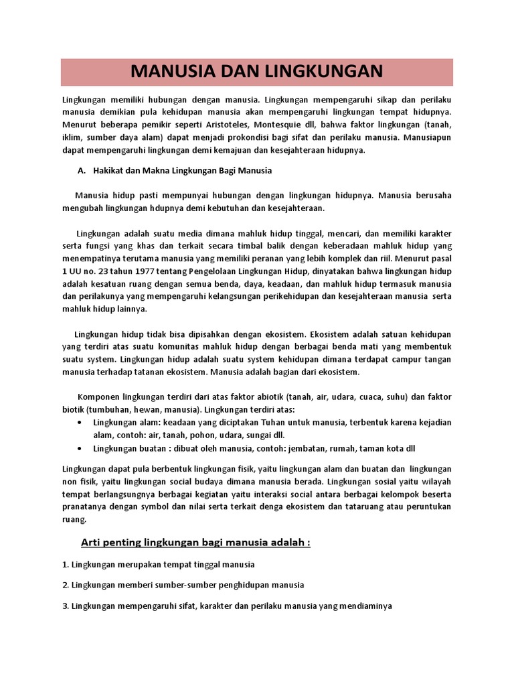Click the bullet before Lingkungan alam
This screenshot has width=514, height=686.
coord(80,422)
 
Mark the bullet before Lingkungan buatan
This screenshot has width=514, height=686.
coord(80,448)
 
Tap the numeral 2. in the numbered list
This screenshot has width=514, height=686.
coord(65,585)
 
